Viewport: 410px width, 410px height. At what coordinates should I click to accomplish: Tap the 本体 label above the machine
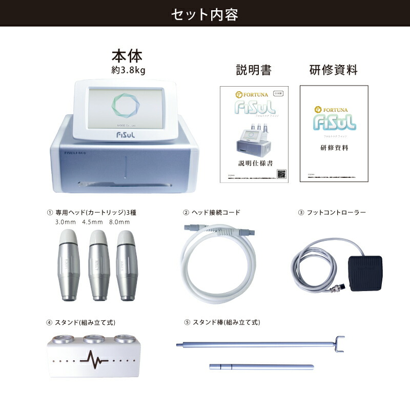coord(127,56)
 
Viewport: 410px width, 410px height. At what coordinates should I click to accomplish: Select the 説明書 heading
coord(253,70)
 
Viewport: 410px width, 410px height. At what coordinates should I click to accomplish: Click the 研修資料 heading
coord(333,70)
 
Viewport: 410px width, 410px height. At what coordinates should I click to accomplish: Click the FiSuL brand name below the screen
coord(125,132)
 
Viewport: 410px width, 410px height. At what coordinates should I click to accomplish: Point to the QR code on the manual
coord(281,174)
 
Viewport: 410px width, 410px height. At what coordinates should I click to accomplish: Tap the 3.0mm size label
coord(65,222)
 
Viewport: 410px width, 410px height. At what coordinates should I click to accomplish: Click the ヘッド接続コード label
coord(215,212)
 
